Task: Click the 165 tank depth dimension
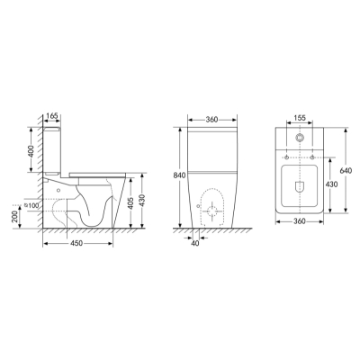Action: [x=52, y=116]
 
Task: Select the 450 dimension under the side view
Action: [x=76, y=243]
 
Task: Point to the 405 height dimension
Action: [x=130, y=200]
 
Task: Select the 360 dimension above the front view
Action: [x=211, y=120]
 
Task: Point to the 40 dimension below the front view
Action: [x=195, y=244]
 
